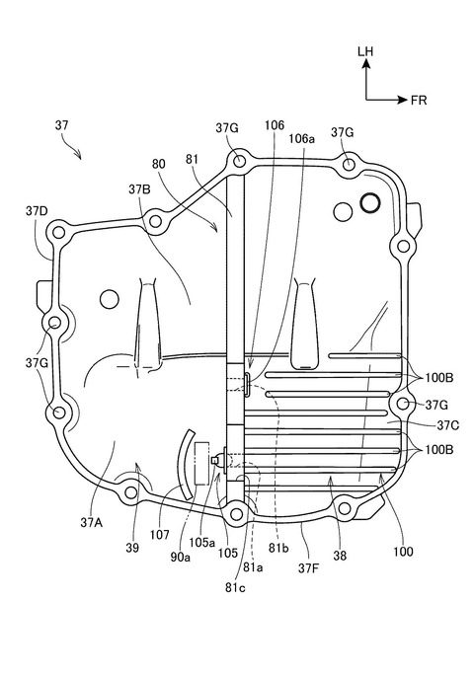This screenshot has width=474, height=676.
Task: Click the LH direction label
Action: (365, 51)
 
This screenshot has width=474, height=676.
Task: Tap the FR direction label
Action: (419, 101)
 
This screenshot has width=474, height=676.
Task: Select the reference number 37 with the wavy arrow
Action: (61, 125)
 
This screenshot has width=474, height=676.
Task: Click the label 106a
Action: (302, 138)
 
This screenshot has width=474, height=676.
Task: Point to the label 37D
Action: (37, 211)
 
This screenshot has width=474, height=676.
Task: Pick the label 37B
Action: (139, 188)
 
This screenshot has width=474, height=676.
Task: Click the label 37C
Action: (448, 425)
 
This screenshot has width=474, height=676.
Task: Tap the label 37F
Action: (309, 568)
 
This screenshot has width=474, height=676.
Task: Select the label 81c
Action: (235, 587)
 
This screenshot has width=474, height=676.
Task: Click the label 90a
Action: (181, 558)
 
